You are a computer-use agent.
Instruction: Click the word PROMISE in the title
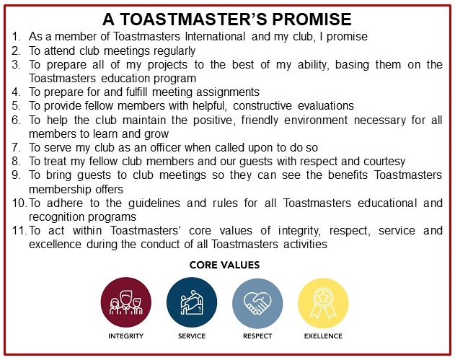[x=312, y=19]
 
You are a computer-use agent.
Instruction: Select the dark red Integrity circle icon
[x=126, y=302]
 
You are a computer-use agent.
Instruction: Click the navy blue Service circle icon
[x=192, y=302]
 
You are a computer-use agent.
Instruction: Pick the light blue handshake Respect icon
[x=257, y=304]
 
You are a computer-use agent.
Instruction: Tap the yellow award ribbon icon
[x=323, y=304]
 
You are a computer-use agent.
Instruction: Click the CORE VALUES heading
[x=224, y=265]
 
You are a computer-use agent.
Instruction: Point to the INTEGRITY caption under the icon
[x=126, y=336]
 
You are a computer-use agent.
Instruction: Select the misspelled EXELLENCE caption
[x=323, y=336]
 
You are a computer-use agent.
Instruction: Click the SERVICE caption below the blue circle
[x=192, y=336]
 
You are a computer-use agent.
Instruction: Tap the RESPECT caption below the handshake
[x=257, y=336]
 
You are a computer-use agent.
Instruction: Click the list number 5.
[x=17, y=105]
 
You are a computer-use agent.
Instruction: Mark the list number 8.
[x=17, y=162]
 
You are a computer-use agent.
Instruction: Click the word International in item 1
[x=215, y=37]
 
